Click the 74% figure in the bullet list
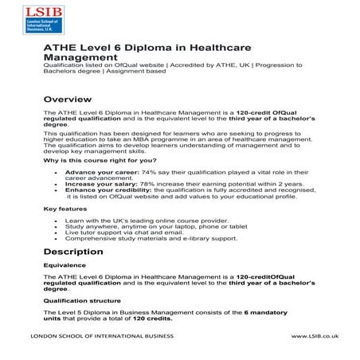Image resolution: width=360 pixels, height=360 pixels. click(x=147, y=172)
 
